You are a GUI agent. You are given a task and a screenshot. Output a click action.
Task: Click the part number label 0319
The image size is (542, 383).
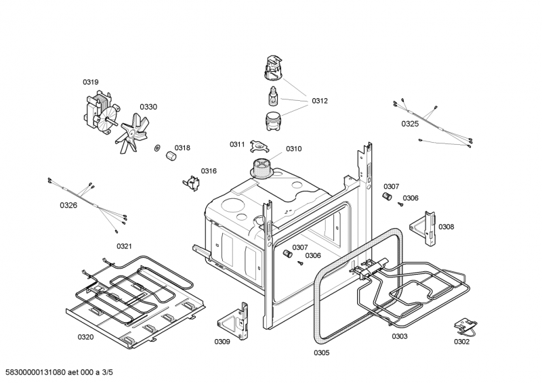click(x=91, y=82)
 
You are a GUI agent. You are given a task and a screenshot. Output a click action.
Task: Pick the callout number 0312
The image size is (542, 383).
click(x=320, y=101)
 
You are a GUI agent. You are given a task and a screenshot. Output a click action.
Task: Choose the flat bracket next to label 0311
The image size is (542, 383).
click(x=257, y=147)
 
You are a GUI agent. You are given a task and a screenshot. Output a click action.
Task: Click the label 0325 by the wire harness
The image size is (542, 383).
click(x=410, y=124)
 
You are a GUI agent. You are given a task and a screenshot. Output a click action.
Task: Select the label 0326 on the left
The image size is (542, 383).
click(x=68, y=205)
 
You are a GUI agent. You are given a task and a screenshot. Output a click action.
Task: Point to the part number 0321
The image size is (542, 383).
click(x=124, y=246)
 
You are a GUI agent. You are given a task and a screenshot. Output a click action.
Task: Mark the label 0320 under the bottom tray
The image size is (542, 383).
click(x=85, y=336)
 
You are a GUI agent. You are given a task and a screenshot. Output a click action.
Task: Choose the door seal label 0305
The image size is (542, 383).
click(x=322, y=353)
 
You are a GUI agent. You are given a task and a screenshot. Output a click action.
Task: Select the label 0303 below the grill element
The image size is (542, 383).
click(x=400, y=336)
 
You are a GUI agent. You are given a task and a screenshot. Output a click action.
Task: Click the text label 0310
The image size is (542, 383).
click(x=293, y=149)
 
